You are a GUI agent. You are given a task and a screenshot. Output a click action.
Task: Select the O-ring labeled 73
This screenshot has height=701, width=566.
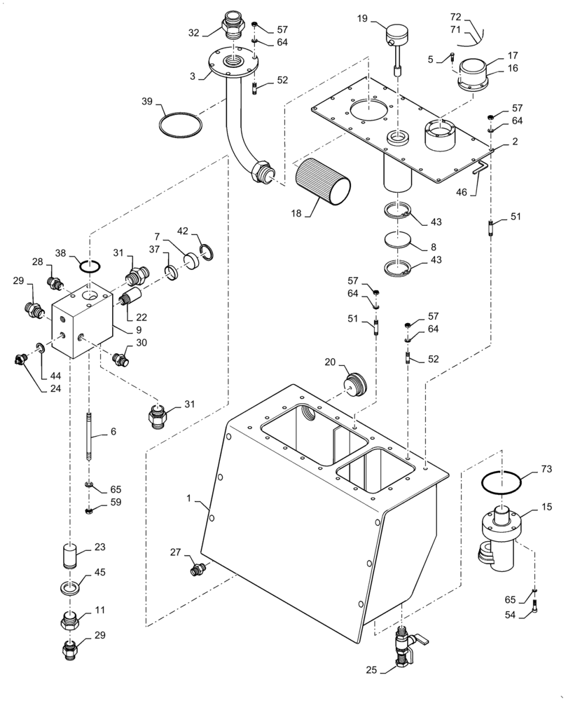[x=502, y=483]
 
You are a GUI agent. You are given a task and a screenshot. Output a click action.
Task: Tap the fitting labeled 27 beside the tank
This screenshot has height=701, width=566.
[x=199, y=568]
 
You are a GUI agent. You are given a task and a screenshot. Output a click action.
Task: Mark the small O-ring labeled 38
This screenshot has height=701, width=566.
[x=90, y=266]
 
